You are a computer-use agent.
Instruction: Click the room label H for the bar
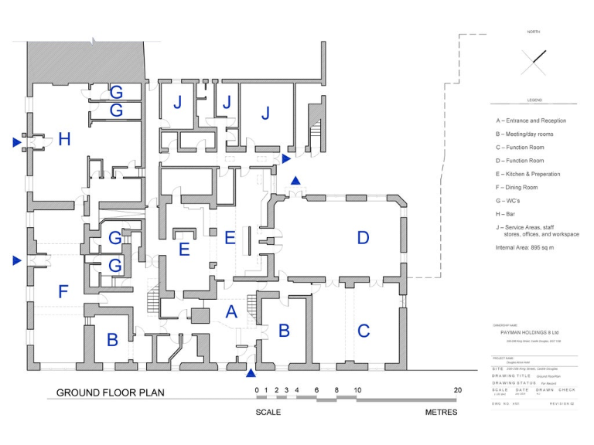click(64, 140)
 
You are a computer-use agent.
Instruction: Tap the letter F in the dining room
click(63, 291)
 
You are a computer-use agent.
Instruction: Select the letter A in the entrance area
click(230, 311)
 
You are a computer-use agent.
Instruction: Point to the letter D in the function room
click(364, 238)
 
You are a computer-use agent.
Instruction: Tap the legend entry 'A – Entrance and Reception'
click(531, 121)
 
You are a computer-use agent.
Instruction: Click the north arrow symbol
click(534, 61)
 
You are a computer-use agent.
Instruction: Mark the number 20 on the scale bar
click(457, 390)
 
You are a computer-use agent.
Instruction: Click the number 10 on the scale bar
click(357, 390)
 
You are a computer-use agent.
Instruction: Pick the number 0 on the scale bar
click(257, 390)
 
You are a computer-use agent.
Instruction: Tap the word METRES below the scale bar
click(441, 413)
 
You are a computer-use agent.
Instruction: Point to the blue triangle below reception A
click(250, 374)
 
